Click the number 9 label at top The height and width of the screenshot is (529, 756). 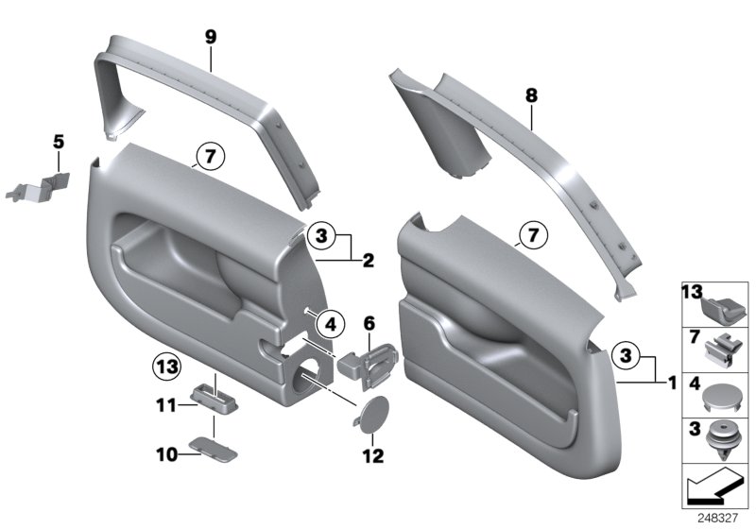(x=211, y=38)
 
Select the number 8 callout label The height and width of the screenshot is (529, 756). (x=531, y=94)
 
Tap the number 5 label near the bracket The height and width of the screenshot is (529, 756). (x=58, y=143)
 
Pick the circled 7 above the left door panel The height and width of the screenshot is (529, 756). (x=206, y=153)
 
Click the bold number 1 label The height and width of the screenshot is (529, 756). (x=671, y=383)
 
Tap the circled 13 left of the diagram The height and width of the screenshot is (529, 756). (x=166, y=366)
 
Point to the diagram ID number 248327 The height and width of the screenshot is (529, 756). (x=720, y=519)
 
